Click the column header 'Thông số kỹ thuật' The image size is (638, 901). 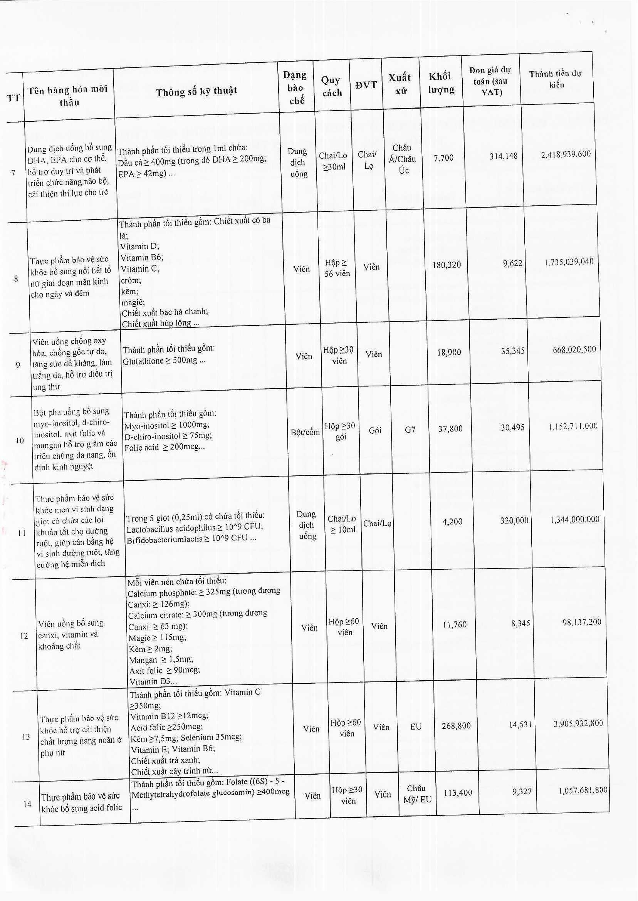pos(196,92)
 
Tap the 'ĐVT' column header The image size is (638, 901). pos(366,85)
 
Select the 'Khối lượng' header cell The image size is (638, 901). pos(441,83)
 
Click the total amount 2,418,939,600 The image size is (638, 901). pos(565,154)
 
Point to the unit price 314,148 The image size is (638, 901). pos(504,156)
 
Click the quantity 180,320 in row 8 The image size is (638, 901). pos(447,265)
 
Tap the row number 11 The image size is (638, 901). pos(22,533)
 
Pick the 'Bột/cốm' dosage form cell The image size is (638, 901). pos(305,433)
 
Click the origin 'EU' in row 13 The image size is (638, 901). pos(416,727)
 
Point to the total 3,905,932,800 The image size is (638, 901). pos(578,723)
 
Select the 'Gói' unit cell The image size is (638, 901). pos(375,430)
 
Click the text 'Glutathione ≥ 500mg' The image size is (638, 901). pos(163,361)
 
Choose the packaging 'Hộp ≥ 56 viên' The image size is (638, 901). pos(337,268)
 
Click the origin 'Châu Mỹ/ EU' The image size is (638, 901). pos(417,794)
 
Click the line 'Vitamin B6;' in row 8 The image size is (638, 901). pos(142,258)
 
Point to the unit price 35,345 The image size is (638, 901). pos(512,351)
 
